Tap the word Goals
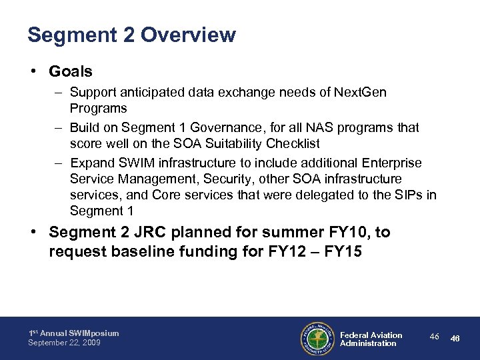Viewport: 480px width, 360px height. (x=71, y=71)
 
